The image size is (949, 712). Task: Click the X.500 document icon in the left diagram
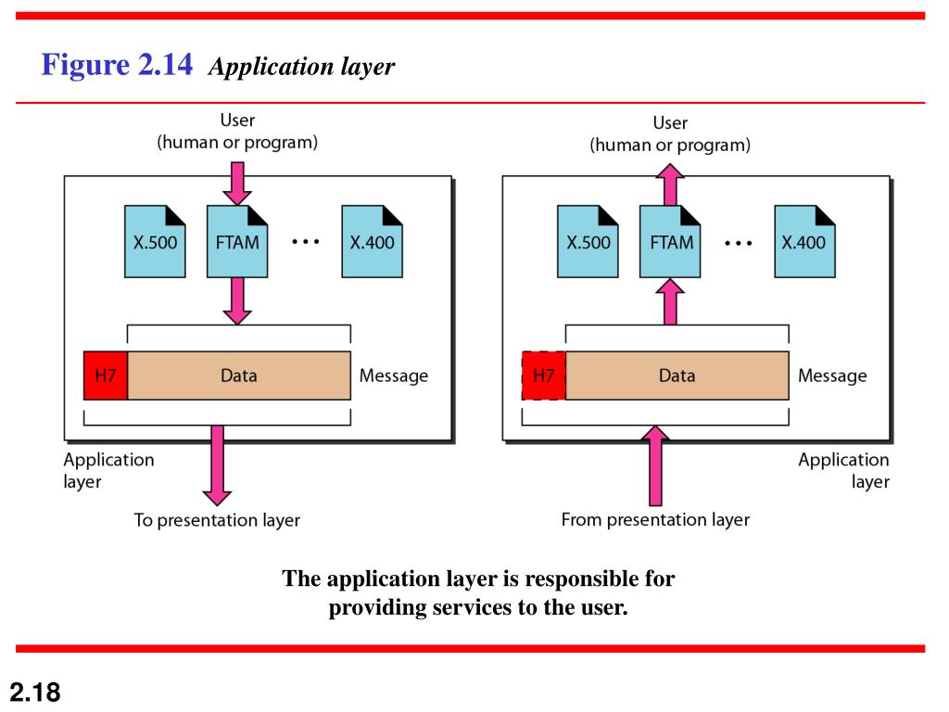point(155,242)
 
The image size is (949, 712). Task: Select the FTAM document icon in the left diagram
point(237,242)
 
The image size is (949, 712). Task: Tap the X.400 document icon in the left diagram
point(373,242)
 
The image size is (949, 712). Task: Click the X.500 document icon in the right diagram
point(588,242)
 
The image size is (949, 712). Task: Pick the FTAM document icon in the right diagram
point(670,242)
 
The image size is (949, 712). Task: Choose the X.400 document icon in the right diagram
point(805,242)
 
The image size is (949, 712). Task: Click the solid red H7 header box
point(106,375)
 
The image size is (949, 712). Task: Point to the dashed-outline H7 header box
point(543,375)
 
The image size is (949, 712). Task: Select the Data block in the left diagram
point(239,375)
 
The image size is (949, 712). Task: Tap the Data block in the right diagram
point(677,375)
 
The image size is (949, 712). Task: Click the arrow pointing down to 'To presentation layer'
point(217,465)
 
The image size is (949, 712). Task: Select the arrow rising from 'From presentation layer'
point(655,465)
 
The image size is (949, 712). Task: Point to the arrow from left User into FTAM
point(237,184)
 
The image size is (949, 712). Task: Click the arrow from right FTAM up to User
point(670,184)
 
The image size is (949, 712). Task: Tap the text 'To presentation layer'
point(217,520)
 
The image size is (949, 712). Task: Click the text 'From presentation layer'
point(655,519)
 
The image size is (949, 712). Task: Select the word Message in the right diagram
point(832,376)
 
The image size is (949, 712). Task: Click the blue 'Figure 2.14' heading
point(117,64)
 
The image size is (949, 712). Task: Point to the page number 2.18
point(35,692)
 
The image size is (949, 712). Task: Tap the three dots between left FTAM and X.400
point(306,242)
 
